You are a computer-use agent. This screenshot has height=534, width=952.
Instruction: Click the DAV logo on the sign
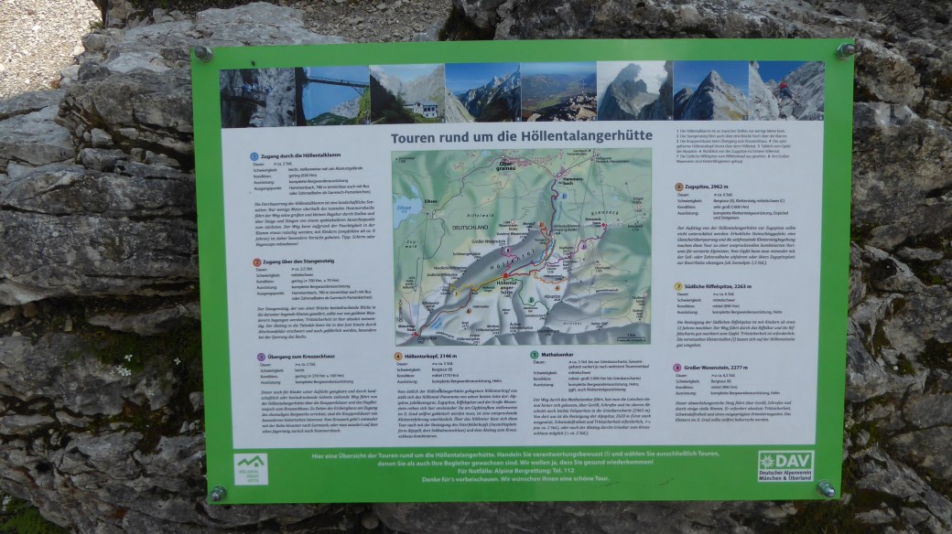click(784, 465)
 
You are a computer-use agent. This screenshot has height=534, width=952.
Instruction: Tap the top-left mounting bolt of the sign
click(203, 53)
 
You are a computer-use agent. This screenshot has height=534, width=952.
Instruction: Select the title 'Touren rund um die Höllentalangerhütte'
click(521, 137)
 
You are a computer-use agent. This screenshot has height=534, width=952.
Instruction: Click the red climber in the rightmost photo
click(784, 89)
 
